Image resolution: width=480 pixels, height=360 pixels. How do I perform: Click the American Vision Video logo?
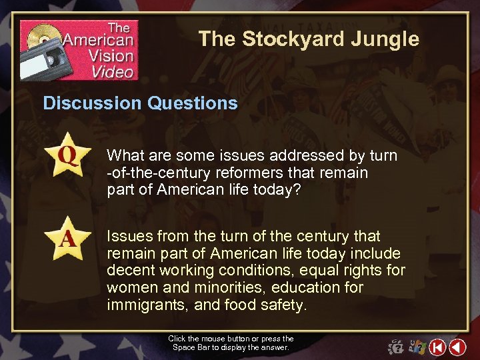pos(79,50)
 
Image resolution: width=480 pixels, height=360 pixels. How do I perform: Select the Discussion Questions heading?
pos(140,103)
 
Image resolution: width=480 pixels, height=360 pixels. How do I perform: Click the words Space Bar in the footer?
pos(189,347)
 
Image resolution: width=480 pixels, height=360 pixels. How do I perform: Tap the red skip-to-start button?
pos(437,347)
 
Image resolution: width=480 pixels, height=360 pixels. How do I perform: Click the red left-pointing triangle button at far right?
pos(457,347)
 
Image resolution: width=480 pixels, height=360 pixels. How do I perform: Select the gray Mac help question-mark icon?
pos(396,347)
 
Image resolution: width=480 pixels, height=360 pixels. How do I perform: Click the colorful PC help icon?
pos(417,347)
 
